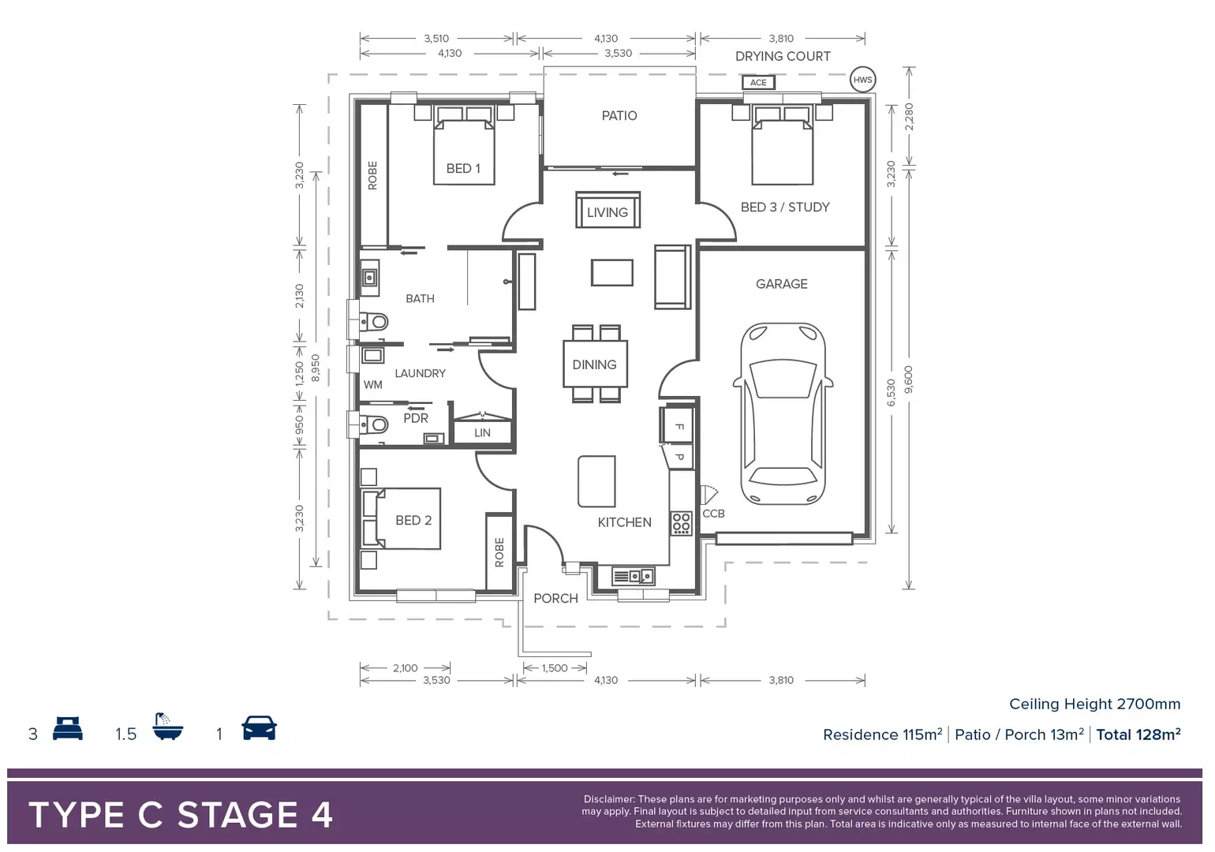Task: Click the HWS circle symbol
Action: pos(862,80)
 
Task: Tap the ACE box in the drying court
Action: pos(758,82)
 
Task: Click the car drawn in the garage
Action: pos(783,413)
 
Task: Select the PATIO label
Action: pos(619,116)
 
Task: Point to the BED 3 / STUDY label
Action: pos(785,207)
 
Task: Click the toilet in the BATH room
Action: pos(375,322)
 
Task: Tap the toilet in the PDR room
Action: pos(375,425)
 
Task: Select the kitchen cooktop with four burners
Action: pos(681,523)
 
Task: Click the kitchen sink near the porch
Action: pos(634,577)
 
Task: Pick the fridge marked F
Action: pos(678,427)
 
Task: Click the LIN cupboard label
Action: pos(482,433)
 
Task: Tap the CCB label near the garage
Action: pos(713,514)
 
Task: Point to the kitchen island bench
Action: pos(596,481)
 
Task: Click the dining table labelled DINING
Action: pos(595,364)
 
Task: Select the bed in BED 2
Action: pos(402,519)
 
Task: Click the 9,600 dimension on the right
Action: pos(908,380)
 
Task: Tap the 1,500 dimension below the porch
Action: pos(555,668)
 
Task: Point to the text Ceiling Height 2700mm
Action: pos(1094,704)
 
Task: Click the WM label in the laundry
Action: pos(373,385)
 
